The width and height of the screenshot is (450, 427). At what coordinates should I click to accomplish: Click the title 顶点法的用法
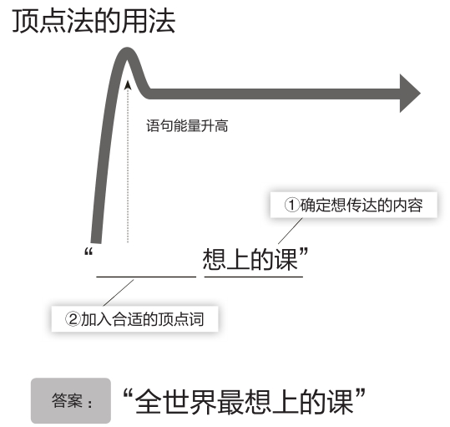[x=94, y=21]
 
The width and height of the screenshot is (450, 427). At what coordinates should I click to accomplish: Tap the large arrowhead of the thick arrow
[x=410, y=94]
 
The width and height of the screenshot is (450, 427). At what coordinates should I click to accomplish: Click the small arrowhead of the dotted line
[x=128, y=85]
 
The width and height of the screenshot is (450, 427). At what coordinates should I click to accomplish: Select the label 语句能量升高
[x=187, y=126]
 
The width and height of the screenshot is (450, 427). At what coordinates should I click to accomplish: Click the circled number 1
[x=292, y=205]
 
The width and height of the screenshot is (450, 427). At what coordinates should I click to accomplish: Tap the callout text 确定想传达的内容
[x=362, y=205]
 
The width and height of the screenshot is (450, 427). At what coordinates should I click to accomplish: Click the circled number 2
[x=73, y=318]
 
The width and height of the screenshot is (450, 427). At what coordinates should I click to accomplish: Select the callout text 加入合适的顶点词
[x=142, y=319]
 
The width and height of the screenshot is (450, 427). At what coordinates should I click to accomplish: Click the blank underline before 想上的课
[x=146, y=277]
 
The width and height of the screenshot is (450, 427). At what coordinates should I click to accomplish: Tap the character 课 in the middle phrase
[x=286, y=259]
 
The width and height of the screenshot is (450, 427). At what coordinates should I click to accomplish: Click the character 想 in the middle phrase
[x=215, y=259]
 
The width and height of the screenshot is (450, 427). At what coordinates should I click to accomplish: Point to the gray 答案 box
[x=71, y=400]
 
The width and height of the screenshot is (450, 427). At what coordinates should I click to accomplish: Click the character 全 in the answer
[x=148, y=401]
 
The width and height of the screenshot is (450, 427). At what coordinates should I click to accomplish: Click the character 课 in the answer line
[x=341, y=401]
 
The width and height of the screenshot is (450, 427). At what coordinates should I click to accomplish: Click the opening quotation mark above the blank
[x=88, y=252]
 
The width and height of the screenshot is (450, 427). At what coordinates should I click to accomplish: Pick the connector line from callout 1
[x=291, y=231]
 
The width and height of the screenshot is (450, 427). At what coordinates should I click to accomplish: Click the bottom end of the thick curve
[x=96, y=243]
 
